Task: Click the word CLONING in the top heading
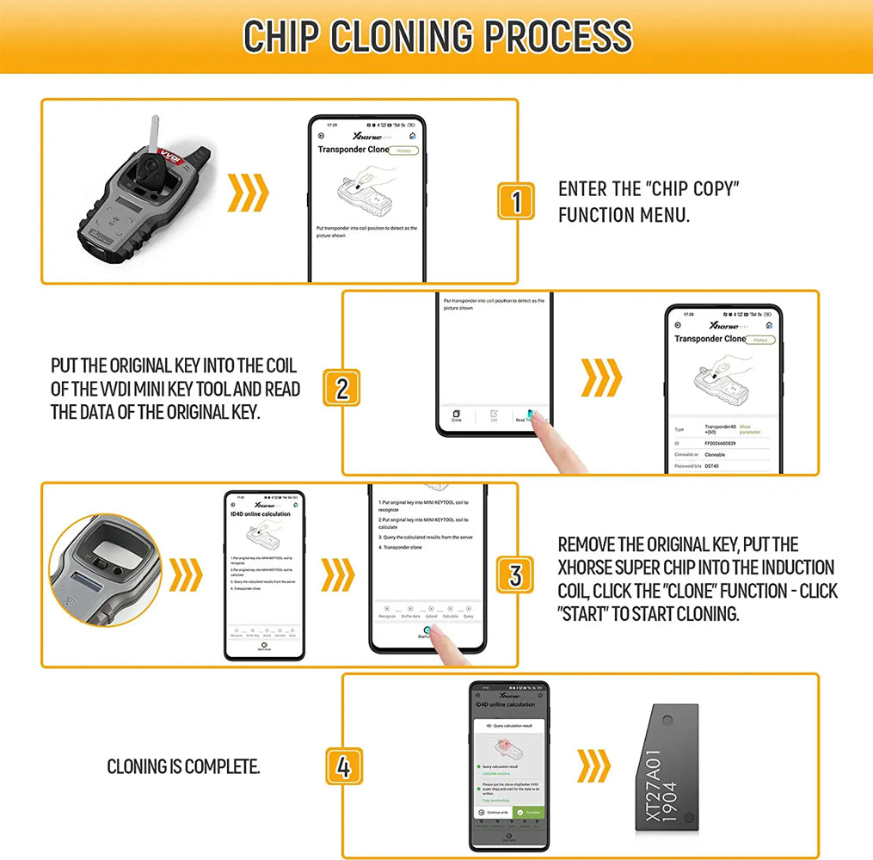tap(403, 36)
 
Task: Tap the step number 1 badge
tap(516, 201)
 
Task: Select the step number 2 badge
tap(341, 388)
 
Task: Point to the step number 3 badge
tap(515, 574)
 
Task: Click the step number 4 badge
tap(343, 765)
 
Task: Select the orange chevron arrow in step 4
tap(593, 765)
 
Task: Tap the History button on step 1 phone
tap(403, 150)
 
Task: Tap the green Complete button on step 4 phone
tap(528, 812)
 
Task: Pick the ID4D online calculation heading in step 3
tap(262, 513)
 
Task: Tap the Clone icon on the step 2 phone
tap(456, 416)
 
